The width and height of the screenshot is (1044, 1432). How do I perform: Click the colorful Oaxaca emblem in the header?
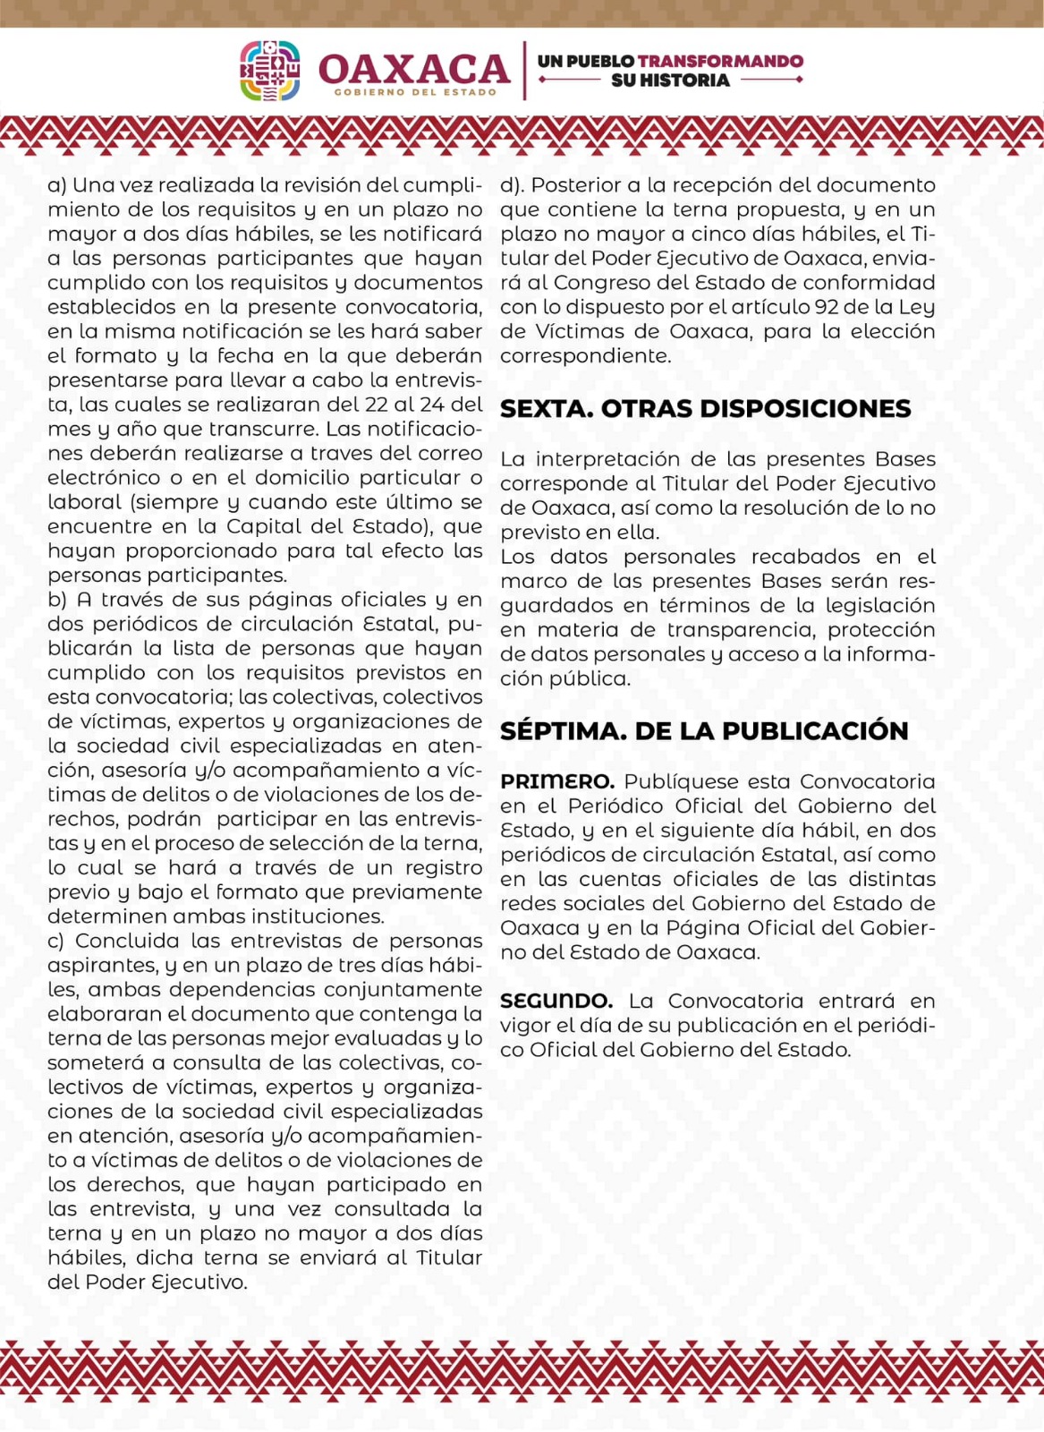coord(269,71)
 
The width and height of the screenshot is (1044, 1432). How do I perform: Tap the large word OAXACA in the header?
coord(414,69)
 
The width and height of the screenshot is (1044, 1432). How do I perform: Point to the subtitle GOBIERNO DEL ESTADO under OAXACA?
coord(415,92)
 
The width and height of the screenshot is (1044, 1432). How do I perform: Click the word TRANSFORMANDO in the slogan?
coord(721,61)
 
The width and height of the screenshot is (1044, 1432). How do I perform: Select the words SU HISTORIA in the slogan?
coord(670,81)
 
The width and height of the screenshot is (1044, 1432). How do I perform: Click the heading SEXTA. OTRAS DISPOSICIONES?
coord(705,409)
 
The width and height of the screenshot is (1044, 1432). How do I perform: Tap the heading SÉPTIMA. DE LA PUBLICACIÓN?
coord(704,731)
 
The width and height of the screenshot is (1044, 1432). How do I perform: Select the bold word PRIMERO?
coord(556,781)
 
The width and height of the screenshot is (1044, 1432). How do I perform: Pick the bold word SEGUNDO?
coord(556,1001)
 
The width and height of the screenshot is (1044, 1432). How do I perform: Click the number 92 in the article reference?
coord(826,307)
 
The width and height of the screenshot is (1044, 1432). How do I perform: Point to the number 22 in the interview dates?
coord(377,405)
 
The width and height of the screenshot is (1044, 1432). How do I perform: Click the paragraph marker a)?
coord(57,185)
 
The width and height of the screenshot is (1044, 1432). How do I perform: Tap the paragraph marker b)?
coord(57,600)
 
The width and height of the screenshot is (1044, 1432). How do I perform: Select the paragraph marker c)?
coord(56,942)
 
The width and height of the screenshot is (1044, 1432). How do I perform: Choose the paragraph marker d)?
coord(512,185)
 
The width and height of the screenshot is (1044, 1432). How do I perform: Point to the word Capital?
coord(263,526)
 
